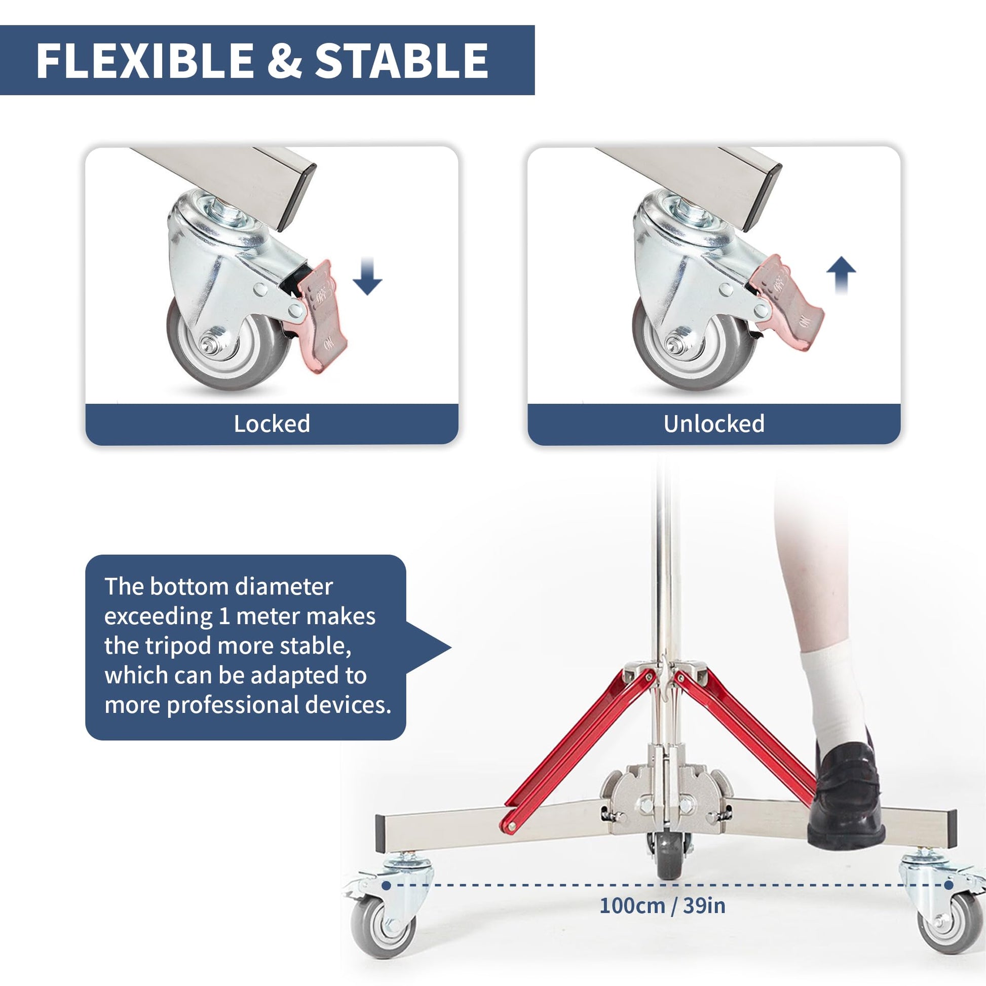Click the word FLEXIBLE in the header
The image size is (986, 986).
tap(145, 60)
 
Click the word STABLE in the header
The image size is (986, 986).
tap(402, 60)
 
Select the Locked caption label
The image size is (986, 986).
tap(272, 424)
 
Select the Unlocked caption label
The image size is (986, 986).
tap(714, 424)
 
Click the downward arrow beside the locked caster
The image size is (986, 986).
tap(367, 276)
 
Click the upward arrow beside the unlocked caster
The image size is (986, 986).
tap(841, 275)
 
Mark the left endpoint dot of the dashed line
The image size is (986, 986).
tap(386, 886)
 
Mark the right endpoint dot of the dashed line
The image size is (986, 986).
tap(948, 885)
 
